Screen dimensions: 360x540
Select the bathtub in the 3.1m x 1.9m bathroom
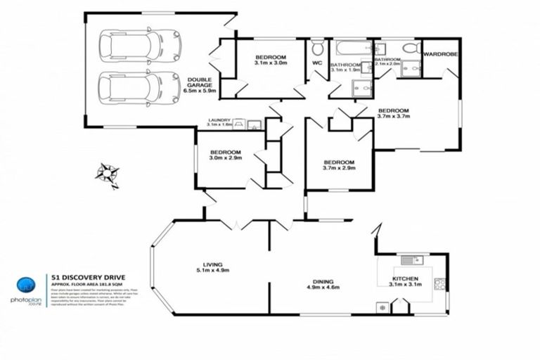351,49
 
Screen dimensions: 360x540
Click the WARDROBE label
440,53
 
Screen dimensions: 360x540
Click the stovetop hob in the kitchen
440,285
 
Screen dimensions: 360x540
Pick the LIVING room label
212,265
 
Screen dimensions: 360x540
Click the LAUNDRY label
219,121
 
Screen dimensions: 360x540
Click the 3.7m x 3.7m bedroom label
393,113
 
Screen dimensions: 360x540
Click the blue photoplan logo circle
25,285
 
